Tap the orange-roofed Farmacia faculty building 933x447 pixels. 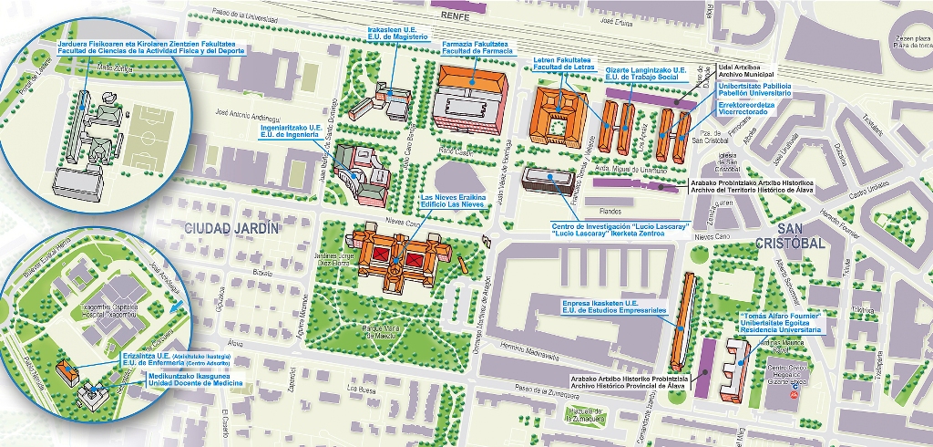(471, 82)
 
